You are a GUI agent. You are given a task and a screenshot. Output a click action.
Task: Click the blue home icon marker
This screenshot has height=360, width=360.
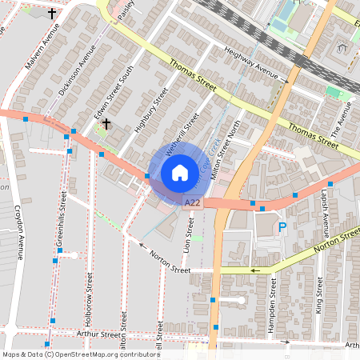(179, 173)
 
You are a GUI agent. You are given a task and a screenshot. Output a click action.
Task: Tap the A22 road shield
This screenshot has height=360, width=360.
(192, 205)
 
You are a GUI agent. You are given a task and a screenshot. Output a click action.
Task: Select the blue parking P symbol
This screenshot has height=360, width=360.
(281, 227)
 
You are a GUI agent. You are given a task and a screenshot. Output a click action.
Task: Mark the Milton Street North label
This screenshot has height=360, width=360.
(230, 144)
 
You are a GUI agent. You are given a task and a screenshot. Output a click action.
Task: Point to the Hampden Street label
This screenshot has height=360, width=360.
(273, 296)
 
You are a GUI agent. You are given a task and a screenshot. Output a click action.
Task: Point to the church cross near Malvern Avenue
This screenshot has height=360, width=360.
(53, 14)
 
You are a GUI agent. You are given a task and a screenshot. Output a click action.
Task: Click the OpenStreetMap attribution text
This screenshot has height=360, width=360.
(80, 354)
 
